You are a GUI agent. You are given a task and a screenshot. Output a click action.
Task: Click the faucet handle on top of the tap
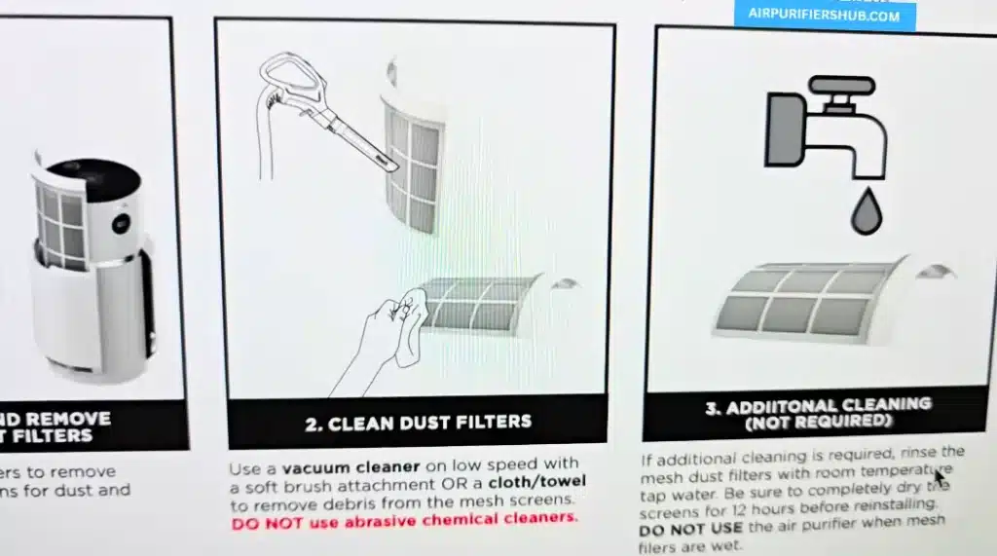pos(838,88)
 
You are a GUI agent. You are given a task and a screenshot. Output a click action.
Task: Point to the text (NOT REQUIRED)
pos(817,423)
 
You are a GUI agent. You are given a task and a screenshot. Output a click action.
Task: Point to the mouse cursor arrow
pos(941,479)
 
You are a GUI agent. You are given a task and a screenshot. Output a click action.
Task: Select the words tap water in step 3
pos(673,488)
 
